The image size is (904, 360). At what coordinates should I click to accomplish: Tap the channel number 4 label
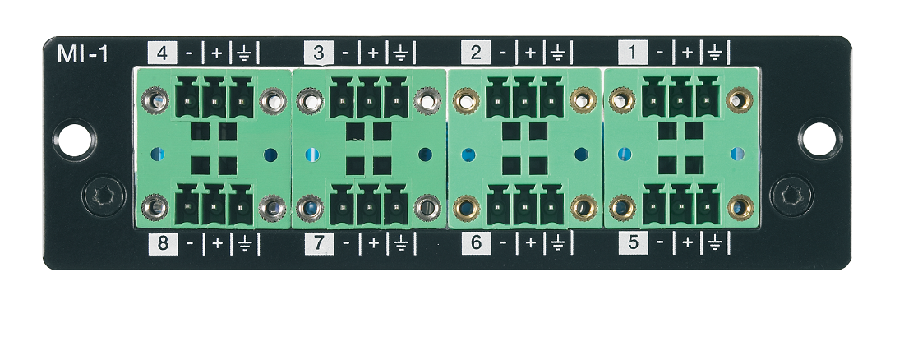[x=162, y=54]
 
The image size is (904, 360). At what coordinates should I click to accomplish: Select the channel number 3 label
[x=319, y=54]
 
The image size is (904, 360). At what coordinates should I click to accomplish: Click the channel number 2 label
[x=476, y=54]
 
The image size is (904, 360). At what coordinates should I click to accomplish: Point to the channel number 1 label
[x=633, y=54]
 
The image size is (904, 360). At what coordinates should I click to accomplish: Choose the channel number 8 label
[x=162, y=243]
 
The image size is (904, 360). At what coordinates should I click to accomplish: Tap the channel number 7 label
[x=319, y=243]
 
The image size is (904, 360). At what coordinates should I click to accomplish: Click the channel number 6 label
[x=476, y=243]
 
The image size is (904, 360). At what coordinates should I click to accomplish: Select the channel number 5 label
[x=633, y=243]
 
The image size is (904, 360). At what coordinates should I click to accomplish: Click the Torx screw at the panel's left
[x=104, y=196]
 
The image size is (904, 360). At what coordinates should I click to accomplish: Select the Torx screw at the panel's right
[x=791, y=196]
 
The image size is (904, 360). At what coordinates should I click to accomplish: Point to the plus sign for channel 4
[x=217, y=54]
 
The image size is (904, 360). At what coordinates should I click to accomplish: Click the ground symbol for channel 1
[x=715, y=54]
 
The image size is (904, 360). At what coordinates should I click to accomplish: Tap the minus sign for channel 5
[x=660, y=243]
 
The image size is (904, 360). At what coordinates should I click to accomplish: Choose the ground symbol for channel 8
[x=244, y=243]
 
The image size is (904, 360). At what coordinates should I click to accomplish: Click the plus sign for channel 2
[x=530, y=54]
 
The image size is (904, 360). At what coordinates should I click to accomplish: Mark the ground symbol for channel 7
[x=400, y=243]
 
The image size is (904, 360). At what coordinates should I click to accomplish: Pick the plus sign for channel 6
[x=530, y=243]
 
